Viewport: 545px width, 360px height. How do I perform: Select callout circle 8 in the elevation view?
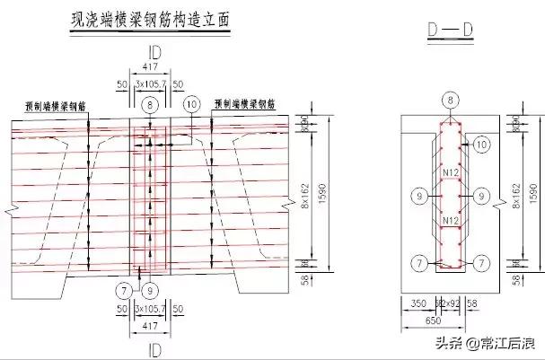pyautogui.click(x=147, y=105)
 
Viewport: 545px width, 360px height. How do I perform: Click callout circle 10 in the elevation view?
pyautogui.click(x=189, y=105)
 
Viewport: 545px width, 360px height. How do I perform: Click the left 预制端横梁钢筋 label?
pyautogui.click(x=55, y=105)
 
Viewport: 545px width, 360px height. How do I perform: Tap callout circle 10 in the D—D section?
pyautogui.click(x=481, y=143)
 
